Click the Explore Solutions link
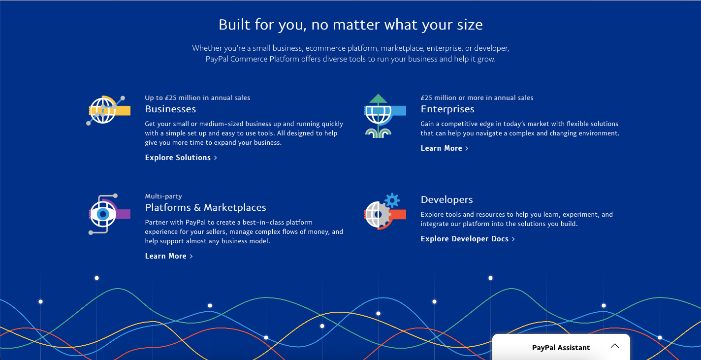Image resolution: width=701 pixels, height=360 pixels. (181, 158)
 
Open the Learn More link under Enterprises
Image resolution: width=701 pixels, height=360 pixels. (445, 148)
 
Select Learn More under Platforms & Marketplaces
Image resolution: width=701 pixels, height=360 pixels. (169, 256)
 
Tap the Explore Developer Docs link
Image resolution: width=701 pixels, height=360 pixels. (468, 239)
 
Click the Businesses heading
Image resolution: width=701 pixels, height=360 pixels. (170, 109)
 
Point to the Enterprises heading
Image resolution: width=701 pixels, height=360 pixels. (447, 109)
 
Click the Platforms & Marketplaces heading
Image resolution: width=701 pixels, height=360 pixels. (205, 207)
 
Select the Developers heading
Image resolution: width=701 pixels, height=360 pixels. (446, 199)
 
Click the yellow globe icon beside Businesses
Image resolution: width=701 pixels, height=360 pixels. (108, 110)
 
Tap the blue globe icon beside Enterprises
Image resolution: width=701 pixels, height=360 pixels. (385, 115)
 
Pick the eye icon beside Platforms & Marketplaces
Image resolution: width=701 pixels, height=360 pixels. (109, 214)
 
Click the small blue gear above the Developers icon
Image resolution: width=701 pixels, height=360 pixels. (392, 200)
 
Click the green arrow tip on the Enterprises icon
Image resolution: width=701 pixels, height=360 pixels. (378, 95)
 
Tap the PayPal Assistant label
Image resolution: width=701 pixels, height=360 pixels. (561, 348)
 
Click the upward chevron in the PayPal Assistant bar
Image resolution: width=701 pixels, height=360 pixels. (615, 346)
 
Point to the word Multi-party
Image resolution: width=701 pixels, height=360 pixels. (163, 196)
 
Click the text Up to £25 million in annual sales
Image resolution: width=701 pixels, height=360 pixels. (197, 98)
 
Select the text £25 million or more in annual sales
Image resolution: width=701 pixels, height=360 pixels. (477, 98)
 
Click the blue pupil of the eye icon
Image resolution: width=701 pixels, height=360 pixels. (103, 214)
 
